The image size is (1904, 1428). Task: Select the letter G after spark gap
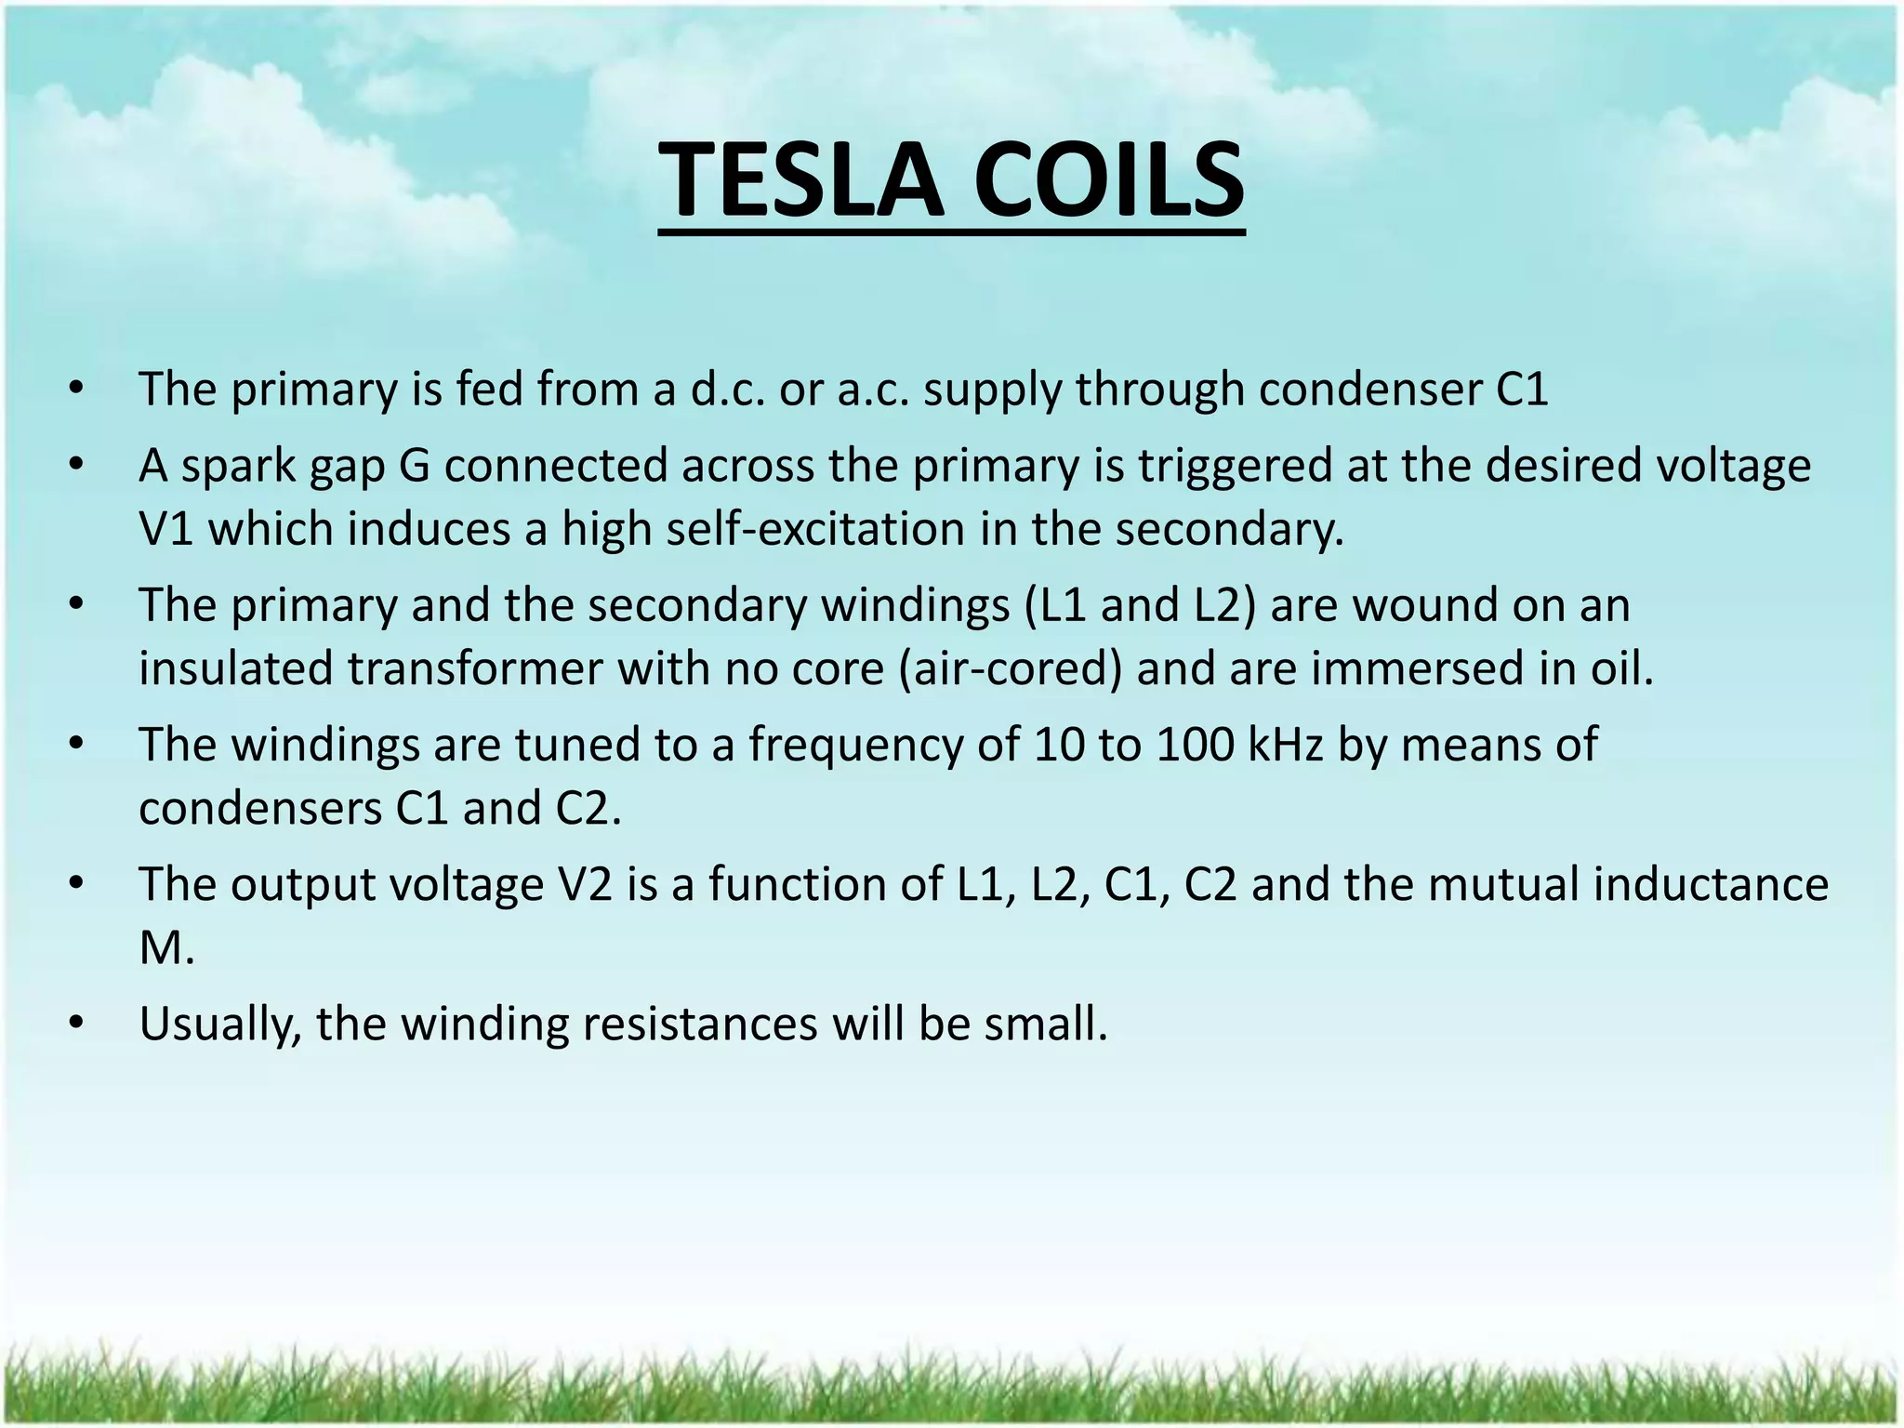tap(414, 466)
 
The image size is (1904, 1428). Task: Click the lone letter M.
tap(165, 948)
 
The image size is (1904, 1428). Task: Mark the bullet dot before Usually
tap(76, 1024)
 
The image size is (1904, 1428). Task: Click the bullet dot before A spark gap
tap(76, 465)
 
